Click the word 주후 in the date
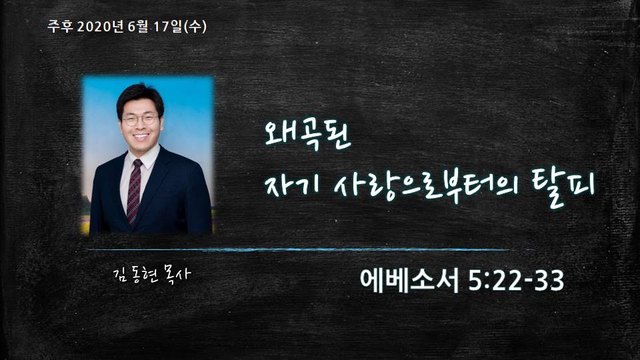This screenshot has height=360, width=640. click(x=60, y=27)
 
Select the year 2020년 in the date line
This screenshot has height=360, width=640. click(x=100, y=27)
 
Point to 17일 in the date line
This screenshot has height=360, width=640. click(x=168, y=27)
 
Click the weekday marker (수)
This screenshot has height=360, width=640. click(x=195, y=27)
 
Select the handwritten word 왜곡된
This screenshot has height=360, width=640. click(x=307, y=135)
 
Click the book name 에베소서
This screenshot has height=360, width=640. click(x=409, y=281)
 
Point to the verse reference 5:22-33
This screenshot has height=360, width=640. click(x=516, y=281)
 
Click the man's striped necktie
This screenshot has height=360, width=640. click(x=134, y=191)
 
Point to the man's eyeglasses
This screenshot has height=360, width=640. click(x=140, y=119)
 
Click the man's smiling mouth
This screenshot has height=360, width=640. click(x=141, y=136)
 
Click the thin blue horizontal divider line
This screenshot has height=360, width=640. click(x=310, y=249)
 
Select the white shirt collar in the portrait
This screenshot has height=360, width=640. click(x=139, y=159)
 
